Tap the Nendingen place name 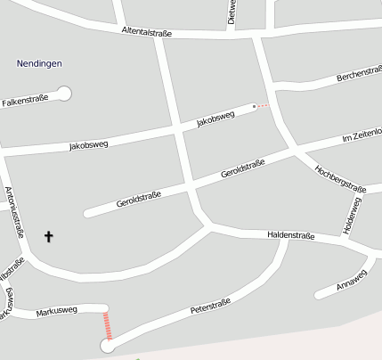(x=38, y=63)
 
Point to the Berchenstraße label (x=359, y=78)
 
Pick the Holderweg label (x=352, y=216)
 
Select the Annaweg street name (x=352, y=281)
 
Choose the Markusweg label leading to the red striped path (x=57, y=310)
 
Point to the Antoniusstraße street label (x=15, y=213)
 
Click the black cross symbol (x=48, y=236)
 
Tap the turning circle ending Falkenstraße (x=64, y=93)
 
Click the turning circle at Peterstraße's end (x=108, y=346)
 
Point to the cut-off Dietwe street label (x=232, y=11)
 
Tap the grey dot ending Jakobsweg (x=254, y=106)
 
